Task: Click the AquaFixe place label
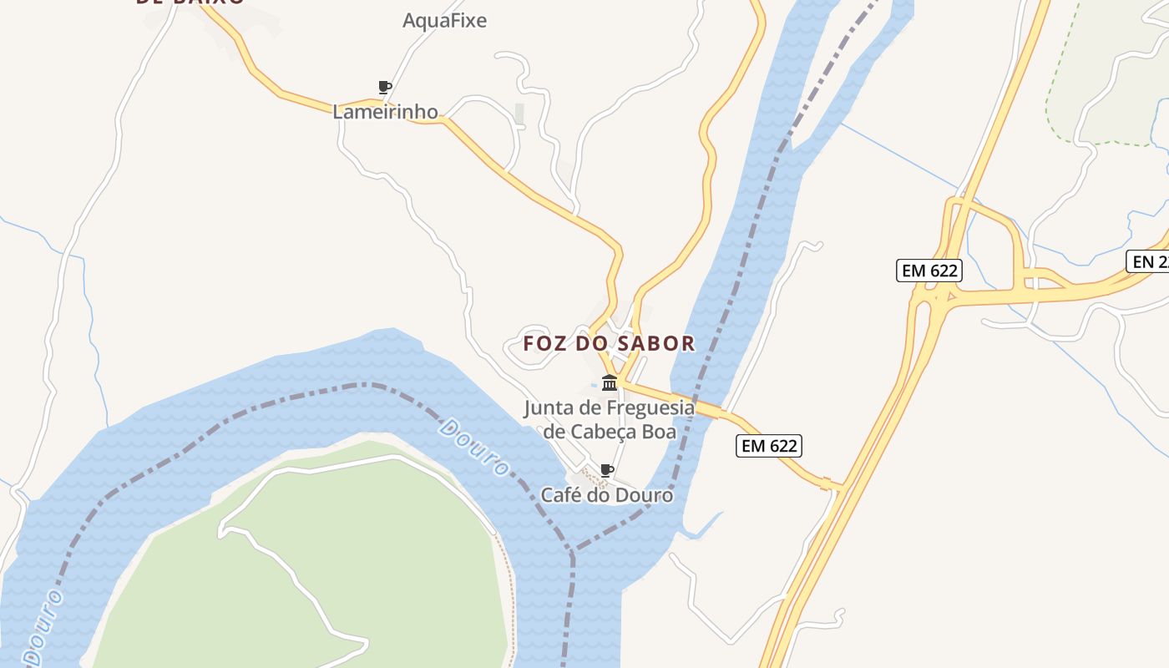[x=444, y=21]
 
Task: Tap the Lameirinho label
[x=385, y=112]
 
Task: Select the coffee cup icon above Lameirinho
[x=384, y=87]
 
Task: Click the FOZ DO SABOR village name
[x=609, y=343]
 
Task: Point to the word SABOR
[x=657, y=343]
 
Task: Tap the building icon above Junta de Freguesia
[x=610, y=383]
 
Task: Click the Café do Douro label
[x=606, y=495]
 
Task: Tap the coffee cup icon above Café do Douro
[x=607, y=471]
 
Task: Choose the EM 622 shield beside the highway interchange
[x=929, y=271]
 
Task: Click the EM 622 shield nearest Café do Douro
[x=769, y=446]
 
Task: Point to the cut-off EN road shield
[x=1149, y=261]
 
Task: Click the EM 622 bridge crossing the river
[x=697, y=405]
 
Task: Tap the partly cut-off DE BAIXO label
[x=190, y=3]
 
